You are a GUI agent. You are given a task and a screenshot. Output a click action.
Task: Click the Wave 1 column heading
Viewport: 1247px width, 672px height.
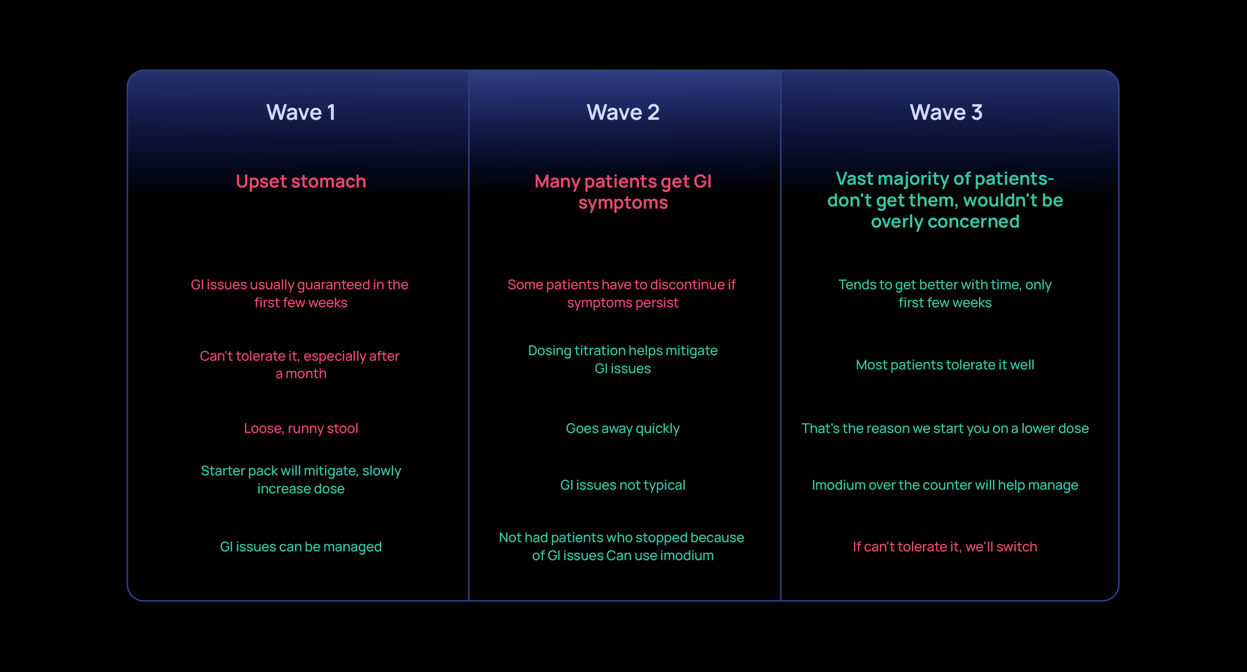tap(301, 112)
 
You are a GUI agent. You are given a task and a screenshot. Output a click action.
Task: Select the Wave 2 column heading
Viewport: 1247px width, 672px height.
tap(623, 112)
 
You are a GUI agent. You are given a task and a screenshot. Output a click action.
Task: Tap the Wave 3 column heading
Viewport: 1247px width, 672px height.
tap(946, 112)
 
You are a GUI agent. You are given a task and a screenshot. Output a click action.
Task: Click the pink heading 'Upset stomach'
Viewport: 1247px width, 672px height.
tap(301, 181)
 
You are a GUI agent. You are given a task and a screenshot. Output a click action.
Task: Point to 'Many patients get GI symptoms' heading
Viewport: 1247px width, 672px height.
tap(623, 192)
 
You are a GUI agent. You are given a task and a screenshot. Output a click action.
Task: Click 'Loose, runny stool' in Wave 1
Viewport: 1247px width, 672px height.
tap(301, 428)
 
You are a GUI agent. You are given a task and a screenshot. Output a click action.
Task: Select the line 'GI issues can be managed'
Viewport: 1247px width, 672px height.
tap(301, 547)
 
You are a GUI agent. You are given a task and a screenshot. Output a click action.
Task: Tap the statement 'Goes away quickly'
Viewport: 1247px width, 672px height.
tap(622, 428)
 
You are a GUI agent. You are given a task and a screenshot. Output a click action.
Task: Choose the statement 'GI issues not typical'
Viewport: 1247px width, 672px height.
tap(622, 485)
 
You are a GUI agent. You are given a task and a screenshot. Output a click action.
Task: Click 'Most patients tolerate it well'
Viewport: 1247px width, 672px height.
tap(945, 365)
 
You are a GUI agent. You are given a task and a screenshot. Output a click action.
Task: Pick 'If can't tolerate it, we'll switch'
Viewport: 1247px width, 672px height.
tap(945, 547)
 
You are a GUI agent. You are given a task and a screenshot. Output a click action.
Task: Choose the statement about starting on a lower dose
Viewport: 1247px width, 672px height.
tap(945, 428)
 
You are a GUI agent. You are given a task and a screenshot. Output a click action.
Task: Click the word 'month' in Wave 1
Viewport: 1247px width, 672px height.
tap(306, 374)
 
